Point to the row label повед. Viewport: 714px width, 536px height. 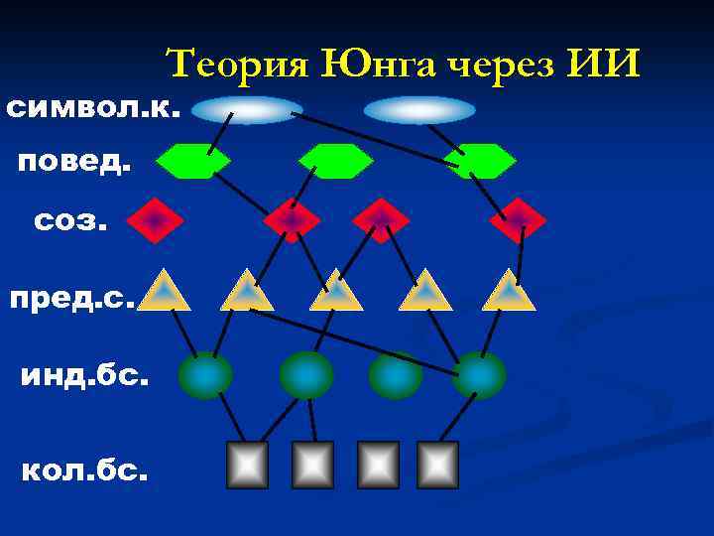coord(74,161)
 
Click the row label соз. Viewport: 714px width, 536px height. coord(70,219)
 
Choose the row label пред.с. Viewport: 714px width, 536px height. coord(71,295)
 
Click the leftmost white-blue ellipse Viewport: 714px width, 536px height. coord(247,109)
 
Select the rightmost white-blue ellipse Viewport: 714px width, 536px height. coord(419,109)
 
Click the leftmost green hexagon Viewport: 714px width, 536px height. coord(193,161)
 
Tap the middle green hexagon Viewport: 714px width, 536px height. coord(336,161)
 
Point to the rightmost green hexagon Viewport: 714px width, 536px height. coord(480,161)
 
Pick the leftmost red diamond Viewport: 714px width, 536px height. coord(155,220)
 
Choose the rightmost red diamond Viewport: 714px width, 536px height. coord(519,220)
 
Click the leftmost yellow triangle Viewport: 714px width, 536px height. coord(164,291)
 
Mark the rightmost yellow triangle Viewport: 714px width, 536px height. coord(509,291)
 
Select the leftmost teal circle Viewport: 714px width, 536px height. coord(205,375)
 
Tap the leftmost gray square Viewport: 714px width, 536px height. coord(248,465)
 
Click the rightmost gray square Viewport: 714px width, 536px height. coord(437,465)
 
